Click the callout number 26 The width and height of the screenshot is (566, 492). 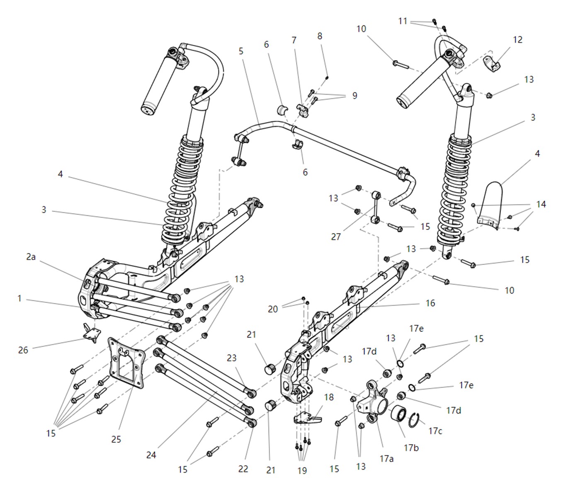tap(23, 350)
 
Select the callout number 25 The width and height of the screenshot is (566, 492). tap(116, 439)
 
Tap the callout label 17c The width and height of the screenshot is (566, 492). tap(435, 431)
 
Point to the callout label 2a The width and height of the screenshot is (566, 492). tap(31, 257)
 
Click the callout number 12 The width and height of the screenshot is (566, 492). tap(517, 40)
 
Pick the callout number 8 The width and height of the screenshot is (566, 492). tap(320, 36)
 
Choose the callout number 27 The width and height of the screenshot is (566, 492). tap(336, 236)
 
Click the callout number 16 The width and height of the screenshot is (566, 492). tap(430, 303)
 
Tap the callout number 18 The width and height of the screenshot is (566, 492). tap(329, 397)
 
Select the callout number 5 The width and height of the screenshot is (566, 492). tap(241, 51)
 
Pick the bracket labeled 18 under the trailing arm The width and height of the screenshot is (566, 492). tap(307, 418)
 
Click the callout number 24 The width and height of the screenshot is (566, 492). tap(151, 455)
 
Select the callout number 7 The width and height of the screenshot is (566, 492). tap(294, 40)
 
